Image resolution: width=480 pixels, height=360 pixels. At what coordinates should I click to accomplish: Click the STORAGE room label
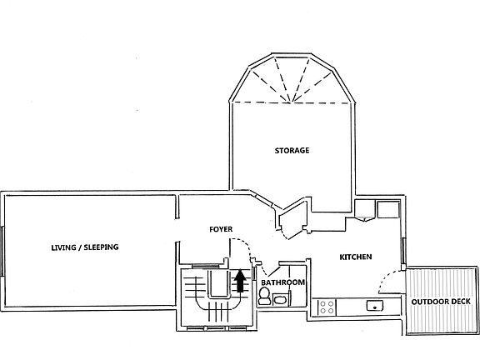coord(292,151)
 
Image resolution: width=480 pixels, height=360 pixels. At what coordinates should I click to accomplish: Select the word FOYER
coord(221,228)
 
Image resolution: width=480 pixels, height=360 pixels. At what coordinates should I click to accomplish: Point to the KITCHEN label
coord(355,257)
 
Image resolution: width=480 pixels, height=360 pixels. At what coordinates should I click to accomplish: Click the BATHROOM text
coord(282,283)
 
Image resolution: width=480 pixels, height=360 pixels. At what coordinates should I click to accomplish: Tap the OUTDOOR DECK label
coord(440,302)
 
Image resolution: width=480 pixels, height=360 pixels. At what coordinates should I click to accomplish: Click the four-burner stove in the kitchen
coord(325,307)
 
